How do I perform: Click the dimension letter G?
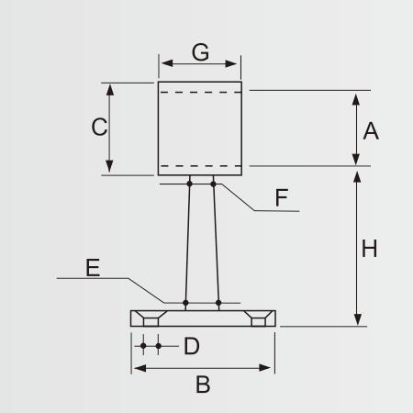[200, 52]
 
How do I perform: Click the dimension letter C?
[99, 127]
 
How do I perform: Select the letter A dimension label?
[371, 131]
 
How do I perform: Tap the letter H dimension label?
[369, 249]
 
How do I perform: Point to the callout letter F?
[282, 197]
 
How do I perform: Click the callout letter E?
[93, 268]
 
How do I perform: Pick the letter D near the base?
[192, 346]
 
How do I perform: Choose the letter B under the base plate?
[203, 385]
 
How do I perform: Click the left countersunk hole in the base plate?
[151, 318]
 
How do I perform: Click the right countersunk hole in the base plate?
[258, 318]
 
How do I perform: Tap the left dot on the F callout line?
[189, 184]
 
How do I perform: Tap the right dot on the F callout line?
[213, 184]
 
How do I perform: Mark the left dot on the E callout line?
[185, 303]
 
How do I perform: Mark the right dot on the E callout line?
[218, 303]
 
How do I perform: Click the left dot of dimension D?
[143, 346]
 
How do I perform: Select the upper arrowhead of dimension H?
[357, 177]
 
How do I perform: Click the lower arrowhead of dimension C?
[109, 166]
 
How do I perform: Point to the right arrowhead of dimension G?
[231, 63]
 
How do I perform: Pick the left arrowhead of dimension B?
[140, 368]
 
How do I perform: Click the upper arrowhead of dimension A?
[355, 100]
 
